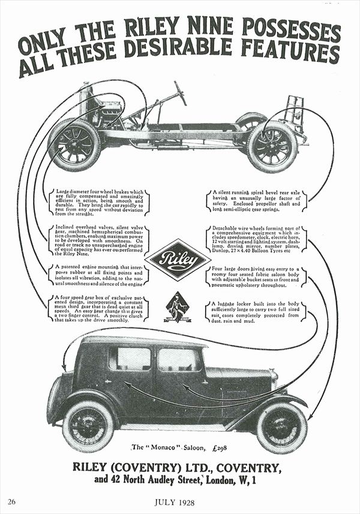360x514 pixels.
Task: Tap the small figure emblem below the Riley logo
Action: point(178,306)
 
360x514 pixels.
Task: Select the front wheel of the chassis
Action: point(74,145)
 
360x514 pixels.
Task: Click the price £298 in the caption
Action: point(217,447)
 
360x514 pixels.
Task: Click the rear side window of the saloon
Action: point(130,359)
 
